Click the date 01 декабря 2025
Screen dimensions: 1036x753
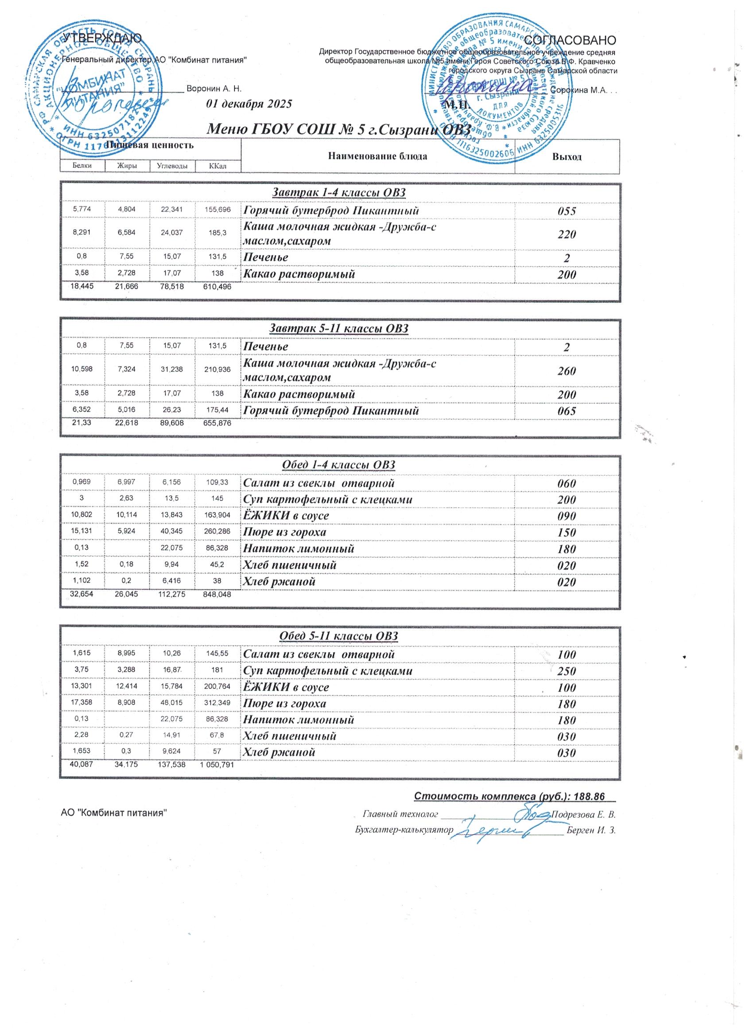coord(249,104)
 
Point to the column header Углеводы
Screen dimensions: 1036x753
coord(172,166)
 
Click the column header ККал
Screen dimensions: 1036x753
coord(217,166)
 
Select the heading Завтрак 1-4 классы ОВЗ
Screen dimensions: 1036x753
coord(339,193)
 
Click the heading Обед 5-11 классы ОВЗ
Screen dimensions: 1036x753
coord(338,636)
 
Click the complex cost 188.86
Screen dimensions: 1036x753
coord(591,797)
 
